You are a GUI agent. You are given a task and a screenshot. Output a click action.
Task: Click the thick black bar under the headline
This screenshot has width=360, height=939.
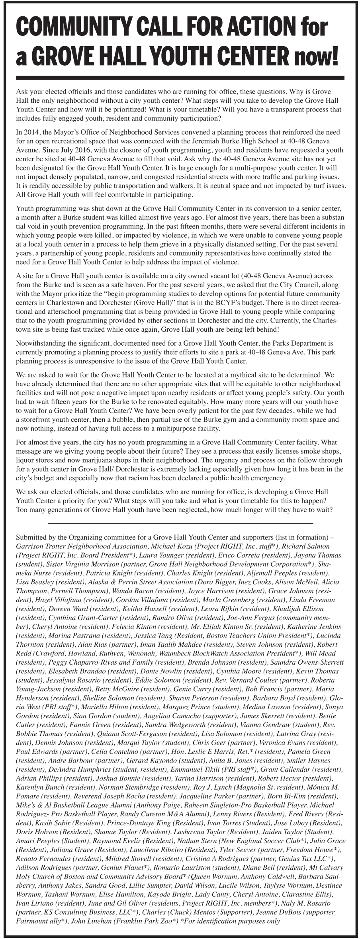180,78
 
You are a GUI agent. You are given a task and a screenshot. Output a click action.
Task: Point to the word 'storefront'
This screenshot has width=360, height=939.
36,420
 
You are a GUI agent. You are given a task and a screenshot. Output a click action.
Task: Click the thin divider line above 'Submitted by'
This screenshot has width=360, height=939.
180,522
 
